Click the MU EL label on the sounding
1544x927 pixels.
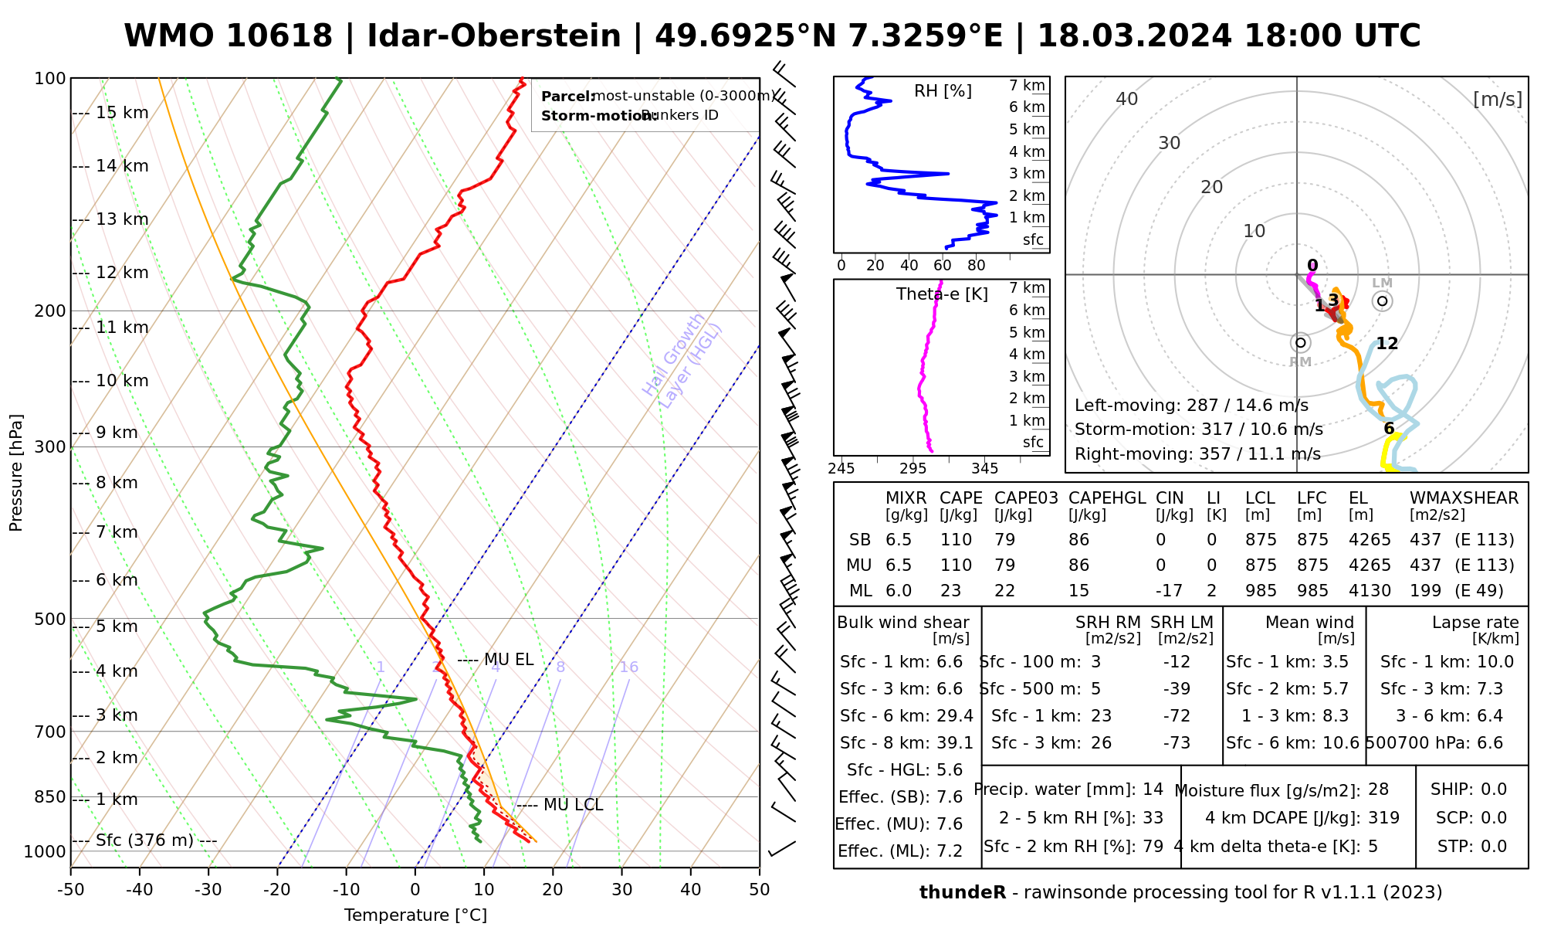(x=508, y=660)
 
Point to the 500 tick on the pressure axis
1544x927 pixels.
(x=50, y=619)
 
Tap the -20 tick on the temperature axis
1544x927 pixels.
(x=277, y=890)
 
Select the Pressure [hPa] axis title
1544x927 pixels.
(x=16, y=473)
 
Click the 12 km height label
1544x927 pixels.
(x=121, y=273)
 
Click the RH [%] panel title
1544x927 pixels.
(x=943, y=91)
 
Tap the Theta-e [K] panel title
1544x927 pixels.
(x=942, y=294)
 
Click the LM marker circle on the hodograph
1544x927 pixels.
(x=1382, y=301)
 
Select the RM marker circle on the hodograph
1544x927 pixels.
(x=1300, y=342)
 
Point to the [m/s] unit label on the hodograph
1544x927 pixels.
(x=1497, y=99)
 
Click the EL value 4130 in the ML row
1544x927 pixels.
(x=1370, y=591)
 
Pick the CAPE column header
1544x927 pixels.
(x=960, y=498)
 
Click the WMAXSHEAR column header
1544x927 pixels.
(x=1464, y=498)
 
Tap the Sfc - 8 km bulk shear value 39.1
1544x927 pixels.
(x=955, y=743)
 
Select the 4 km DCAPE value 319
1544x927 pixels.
(x=1383, y=818)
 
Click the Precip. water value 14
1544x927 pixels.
(x=1153, y=789)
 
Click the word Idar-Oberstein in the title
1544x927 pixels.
(x=494, y=36)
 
